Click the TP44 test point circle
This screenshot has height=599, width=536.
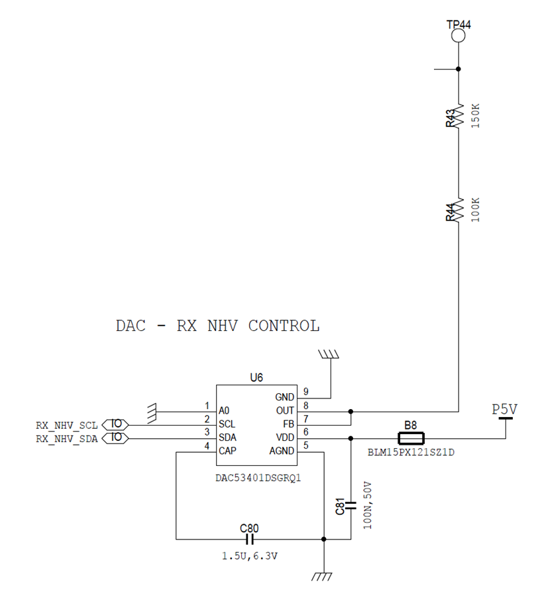click(458, 36)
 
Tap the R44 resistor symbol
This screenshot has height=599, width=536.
click(458, 210)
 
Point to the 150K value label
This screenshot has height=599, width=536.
click(475, 116)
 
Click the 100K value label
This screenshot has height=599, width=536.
click(475, 210)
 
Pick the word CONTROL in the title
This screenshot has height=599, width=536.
click(284, 326)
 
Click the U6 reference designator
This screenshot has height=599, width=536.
click(256, 377)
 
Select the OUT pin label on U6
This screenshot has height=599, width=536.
click(285, 410)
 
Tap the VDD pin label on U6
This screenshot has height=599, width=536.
click(285, 438)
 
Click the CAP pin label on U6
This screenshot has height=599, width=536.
click(227, 451)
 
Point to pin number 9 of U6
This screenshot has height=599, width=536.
click(305, 392)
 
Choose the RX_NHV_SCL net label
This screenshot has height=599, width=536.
click(67, 426)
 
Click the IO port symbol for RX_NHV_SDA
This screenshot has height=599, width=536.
click(115, 438)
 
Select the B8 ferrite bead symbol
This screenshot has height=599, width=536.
click(411, 438)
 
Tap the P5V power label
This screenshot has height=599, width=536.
click(504, 410)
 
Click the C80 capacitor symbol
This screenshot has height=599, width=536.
click(250, 539)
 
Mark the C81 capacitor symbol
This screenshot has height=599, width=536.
click(350, 506)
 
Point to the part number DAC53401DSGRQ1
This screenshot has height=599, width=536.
click(258, 479)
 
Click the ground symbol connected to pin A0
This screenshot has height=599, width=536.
click(152, 413)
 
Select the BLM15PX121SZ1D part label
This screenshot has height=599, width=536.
click(411, 453)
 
